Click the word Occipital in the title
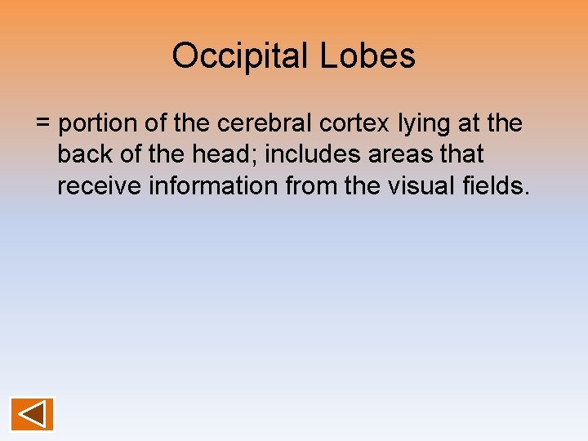pos(238,56)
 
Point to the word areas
pos(397,154)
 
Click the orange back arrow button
pos(32,414)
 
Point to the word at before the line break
pos(475,124)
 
